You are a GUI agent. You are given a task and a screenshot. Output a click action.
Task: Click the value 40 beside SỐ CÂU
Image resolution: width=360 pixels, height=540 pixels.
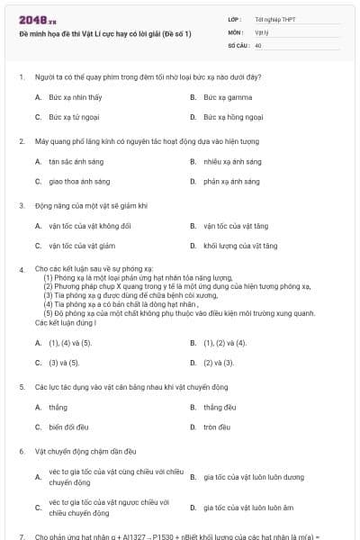258,44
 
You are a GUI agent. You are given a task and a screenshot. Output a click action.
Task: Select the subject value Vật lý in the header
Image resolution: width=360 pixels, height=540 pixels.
261,31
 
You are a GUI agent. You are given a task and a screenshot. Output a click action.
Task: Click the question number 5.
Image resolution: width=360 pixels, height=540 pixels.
21,387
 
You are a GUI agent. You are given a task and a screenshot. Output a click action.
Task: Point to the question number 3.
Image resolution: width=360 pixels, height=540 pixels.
21,205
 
